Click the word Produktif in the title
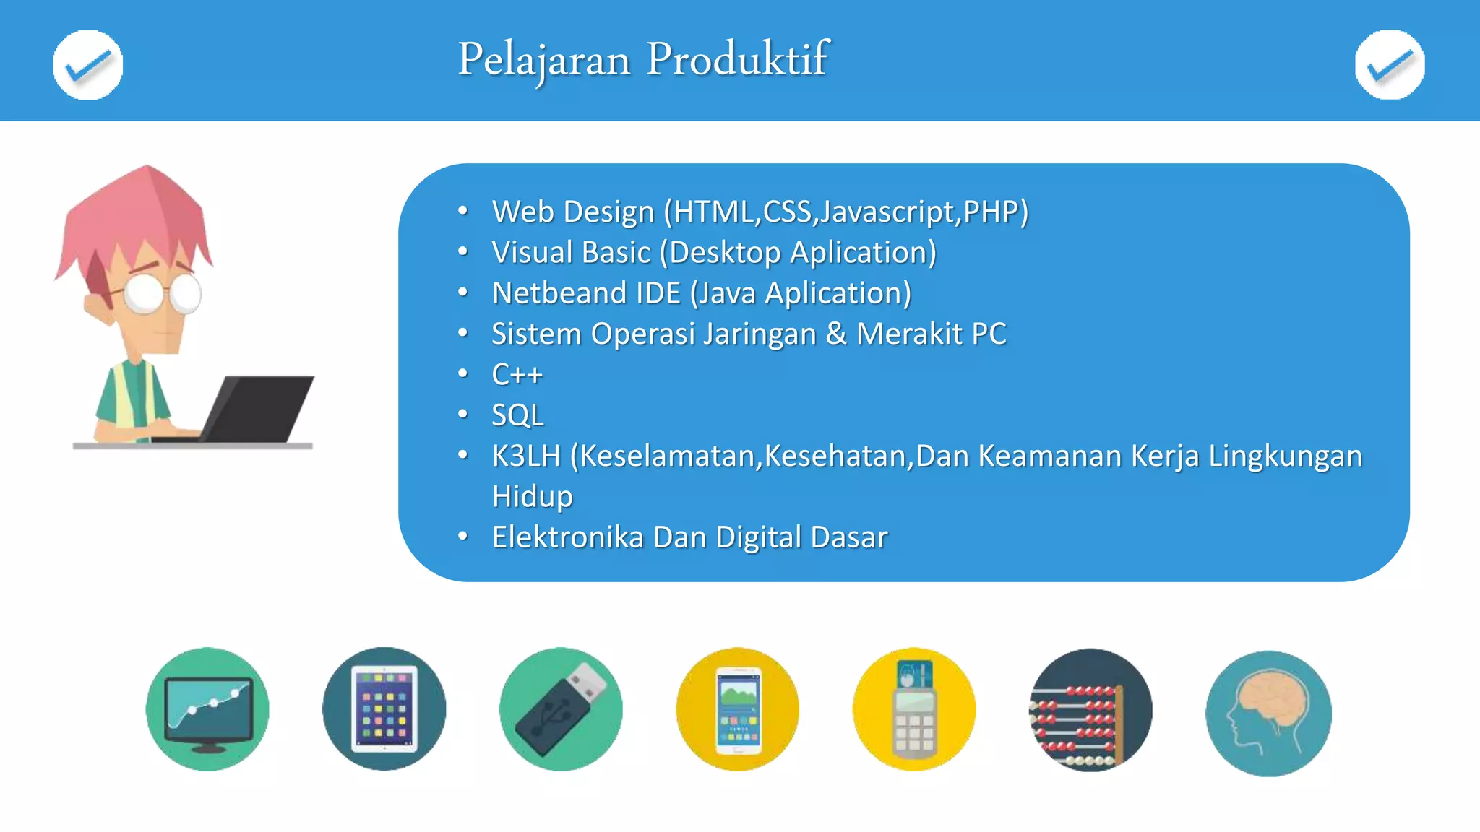pos(737,59)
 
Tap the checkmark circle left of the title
pos(88,65)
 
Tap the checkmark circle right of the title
pos(1390,65)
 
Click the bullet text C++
pos(517,374)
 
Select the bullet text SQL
pos(517,415)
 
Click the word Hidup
pos(532,497)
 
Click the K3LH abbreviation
pos(526,456)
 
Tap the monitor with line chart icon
pos(207,709)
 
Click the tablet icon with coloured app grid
pos(384,709)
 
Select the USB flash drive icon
pos(561,709)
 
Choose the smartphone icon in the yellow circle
pos(738,709)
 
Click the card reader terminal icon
pos(914,709)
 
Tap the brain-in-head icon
pos(1268,714)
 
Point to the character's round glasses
pos(163,292)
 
